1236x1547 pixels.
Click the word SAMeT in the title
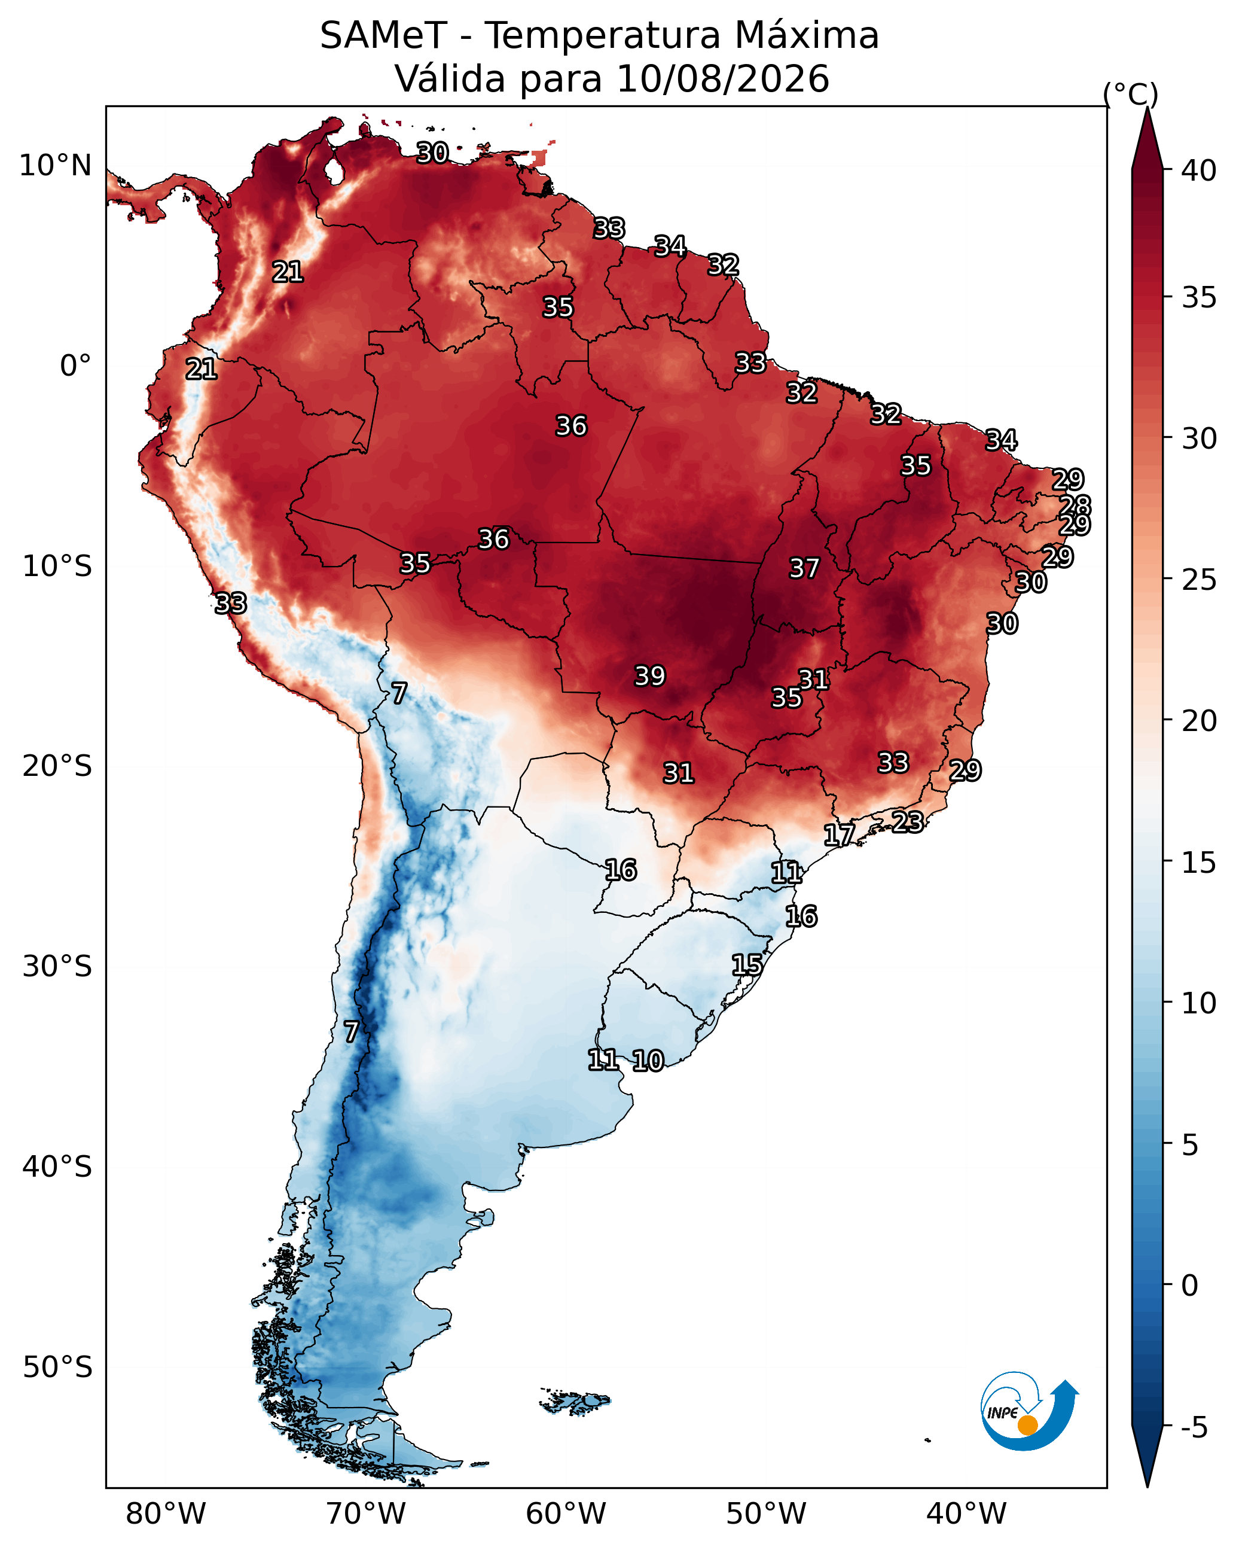[383, 35]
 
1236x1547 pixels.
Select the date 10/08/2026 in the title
[722, 78]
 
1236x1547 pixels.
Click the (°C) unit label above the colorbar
[1130, 94]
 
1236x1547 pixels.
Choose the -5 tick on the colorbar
[1194, 1427]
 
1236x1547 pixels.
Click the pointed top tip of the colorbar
[1147, 108]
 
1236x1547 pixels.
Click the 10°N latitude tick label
[55, 166]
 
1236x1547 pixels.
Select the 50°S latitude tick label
[57, 1367]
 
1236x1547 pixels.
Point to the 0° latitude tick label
[75, 366]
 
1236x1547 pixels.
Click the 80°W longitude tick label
[166, 1513]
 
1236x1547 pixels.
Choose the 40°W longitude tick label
[966, 1513]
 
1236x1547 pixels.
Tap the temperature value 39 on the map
[650, 676]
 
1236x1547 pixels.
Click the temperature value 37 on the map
[804, 568]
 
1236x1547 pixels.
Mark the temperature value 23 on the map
[908, 821]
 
